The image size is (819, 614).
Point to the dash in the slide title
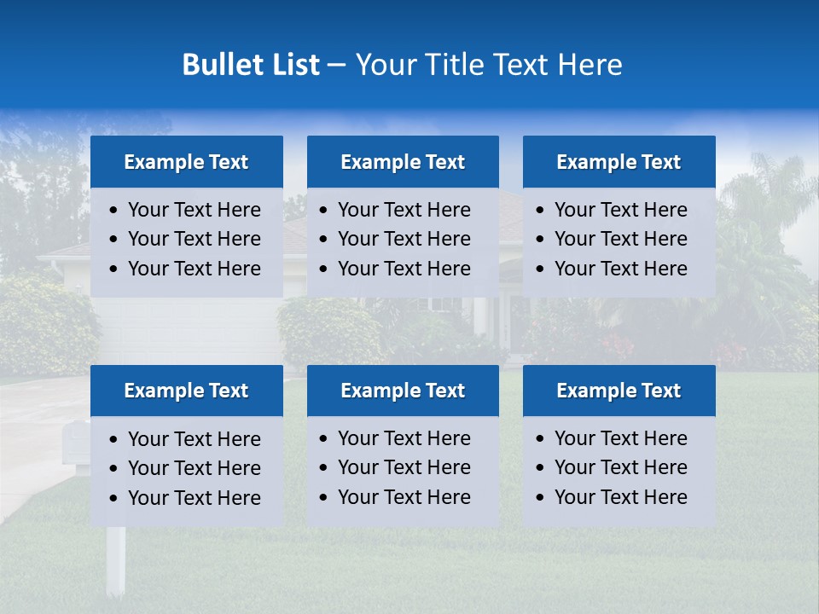click(337, 66)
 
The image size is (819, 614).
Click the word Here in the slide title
click(590, 65)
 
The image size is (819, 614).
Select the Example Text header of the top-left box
click(186, 162)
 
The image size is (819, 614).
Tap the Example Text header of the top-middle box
click(403, 162)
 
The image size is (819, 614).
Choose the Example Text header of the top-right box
click(619, 162)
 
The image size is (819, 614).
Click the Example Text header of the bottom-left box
click(186, 391)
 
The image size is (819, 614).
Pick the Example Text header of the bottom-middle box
click(403, 391)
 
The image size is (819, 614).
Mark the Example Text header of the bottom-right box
click(619, 391)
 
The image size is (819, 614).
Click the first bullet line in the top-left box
click(194, 210)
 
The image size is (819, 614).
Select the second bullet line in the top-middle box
click(404, 239)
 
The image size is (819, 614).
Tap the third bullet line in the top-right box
click(620, 269)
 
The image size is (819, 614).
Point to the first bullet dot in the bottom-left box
click(114, 439)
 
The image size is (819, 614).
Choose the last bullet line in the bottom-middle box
click(404, 497)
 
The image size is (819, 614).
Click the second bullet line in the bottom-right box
click(620, 467)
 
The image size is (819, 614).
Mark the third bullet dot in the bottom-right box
click(540, 497)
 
